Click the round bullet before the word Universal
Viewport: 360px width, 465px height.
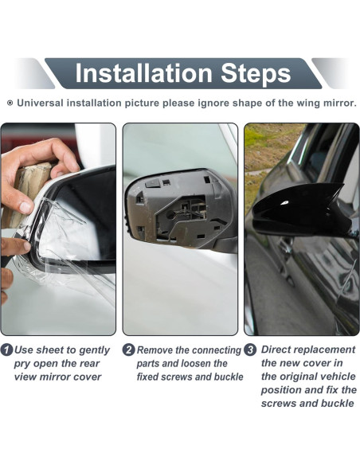point(10,104)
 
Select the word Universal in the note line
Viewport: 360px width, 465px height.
point(43,104)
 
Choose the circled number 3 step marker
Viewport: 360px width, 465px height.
point(250,350)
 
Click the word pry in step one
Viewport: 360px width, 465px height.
point(25,364)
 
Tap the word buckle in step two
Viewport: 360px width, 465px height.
point(227,377)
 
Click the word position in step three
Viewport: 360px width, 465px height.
point(284,390)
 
